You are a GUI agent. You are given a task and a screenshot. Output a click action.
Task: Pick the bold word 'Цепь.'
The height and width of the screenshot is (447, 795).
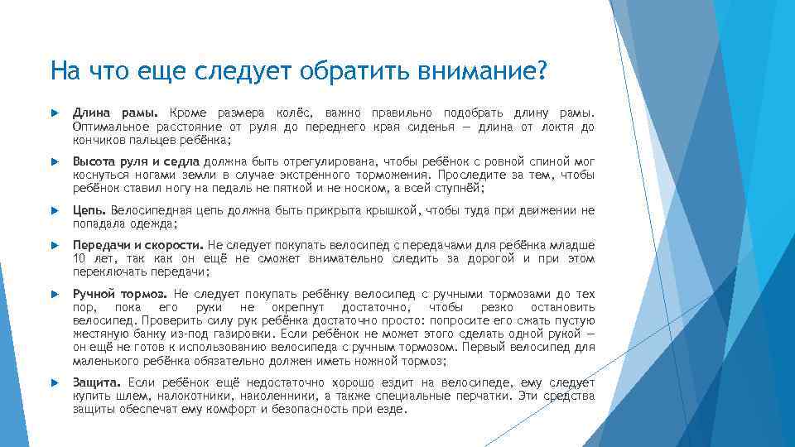point(89,210)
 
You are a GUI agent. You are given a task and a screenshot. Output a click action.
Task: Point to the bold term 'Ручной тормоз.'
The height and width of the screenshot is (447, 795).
point(120,294)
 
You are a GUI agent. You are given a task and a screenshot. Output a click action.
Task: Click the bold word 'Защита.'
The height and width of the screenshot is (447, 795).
point(97,383)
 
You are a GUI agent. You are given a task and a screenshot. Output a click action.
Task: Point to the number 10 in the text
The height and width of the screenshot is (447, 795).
point(80,259)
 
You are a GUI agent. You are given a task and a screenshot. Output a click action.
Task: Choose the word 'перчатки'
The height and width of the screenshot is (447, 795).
point(488,397)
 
